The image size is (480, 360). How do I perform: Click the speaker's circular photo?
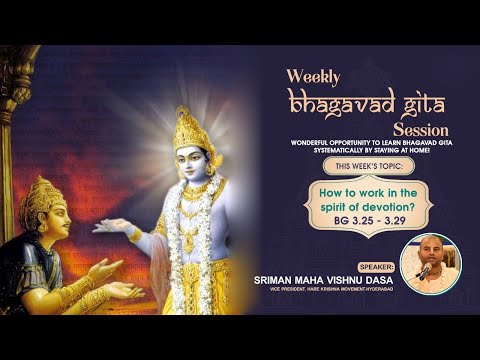[x=431, y=263]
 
